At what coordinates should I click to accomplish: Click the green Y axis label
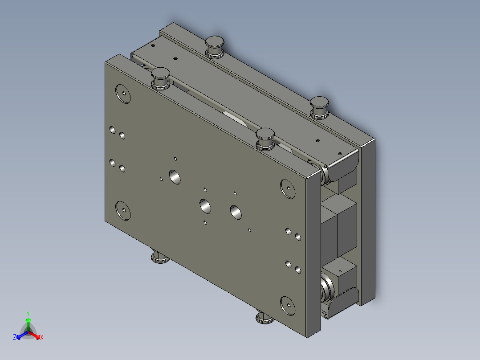pyautogui.click(x=28, y=313)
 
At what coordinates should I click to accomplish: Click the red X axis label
pyautogui.click(x=41, y=337)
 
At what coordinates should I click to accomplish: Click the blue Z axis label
pyautogui.click(x=15, y=337)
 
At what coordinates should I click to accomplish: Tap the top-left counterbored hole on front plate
pyautogui.click(x=122, y=94)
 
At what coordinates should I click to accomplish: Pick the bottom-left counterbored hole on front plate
pyautogui.click(x=123, y=210)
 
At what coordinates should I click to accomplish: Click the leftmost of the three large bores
pyautogui.click(x=174, y=177)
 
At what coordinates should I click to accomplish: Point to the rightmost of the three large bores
pyautogui.click(x=236, y=212)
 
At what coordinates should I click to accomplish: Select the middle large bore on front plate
pyautogui.click(x=205, y=206)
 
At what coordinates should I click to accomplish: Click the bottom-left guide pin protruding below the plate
pyautogui.click(x=159, y=257)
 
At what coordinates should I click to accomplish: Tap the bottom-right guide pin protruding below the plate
pyautogui.click(x=264, y=317)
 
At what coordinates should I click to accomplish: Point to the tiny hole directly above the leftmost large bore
pyautogui.click(x=175, y=158)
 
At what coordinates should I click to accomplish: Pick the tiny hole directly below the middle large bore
pyautogui.click(x=205, y=222)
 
